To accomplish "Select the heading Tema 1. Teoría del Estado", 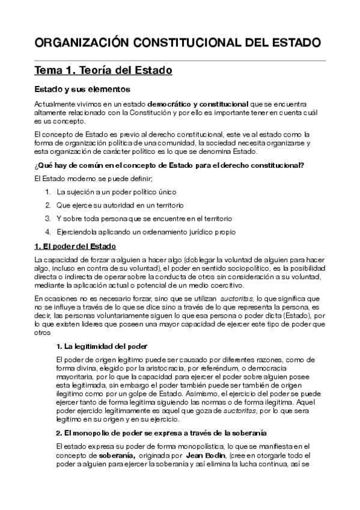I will (x=103, y=71).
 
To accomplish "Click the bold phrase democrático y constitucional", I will (x=198, y=103).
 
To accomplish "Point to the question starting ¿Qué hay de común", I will (x=169, y=166).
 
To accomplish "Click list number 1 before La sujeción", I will (x=47, y=192).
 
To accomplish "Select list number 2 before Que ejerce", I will (x=47, y=206).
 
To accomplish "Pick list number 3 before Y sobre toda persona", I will (x=47, y=219).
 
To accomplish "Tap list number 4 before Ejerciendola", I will (x=47, y=232).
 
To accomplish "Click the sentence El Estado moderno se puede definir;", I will (x=94, y=179).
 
